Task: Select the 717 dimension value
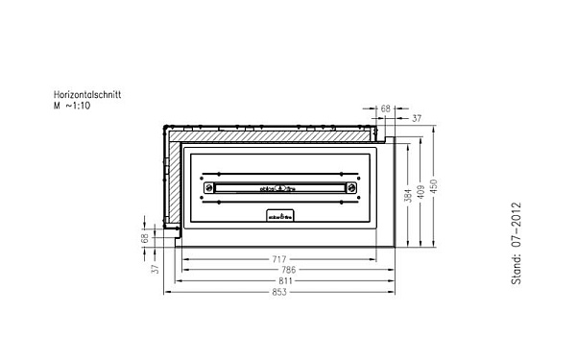[279, 259]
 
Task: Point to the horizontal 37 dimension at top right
[416, 119]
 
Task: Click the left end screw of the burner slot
[204, 188]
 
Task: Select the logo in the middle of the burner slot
[279, 188]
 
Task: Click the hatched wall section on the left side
[172, 182]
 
